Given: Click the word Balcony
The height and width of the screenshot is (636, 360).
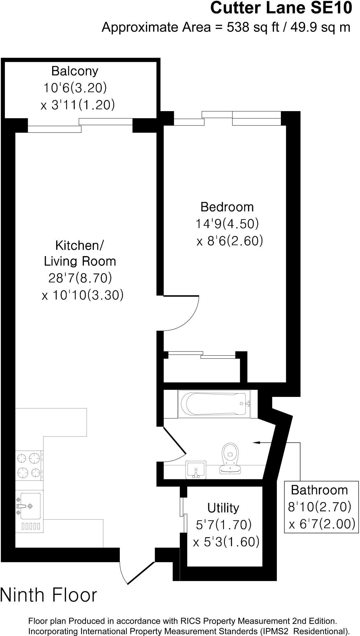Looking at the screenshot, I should [75, 71].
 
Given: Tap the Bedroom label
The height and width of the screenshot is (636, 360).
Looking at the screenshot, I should [227, 207].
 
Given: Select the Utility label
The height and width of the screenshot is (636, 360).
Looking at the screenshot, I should [223, 508].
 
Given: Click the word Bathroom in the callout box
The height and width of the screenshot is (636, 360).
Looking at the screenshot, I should [319, 490].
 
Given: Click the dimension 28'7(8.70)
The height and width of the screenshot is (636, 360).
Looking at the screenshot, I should [80, 278].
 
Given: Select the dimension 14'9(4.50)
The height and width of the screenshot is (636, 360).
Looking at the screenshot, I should [227, 224].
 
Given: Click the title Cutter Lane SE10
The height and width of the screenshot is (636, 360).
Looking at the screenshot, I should [281, 8].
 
